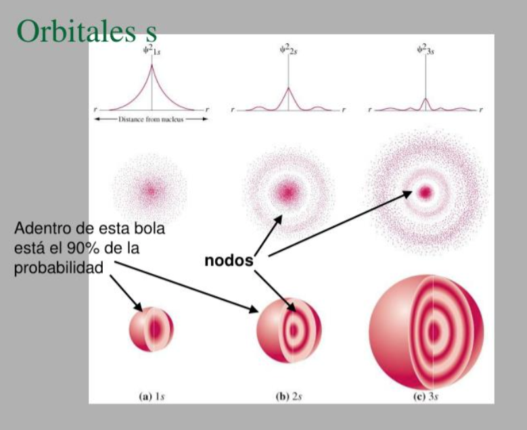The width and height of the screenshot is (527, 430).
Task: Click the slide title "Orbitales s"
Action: (87, 31)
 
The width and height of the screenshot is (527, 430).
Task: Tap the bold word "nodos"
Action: (229, 261)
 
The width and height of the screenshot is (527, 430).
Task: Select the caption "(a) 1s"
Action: (152, 397)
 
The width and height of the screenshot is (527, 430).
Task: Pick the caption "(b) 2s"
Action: (289, 397)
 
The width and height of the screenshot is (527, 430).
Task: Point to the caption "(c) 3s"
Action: (426, 397)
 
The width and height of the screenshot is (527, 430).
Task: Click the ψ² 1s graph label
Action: (152, 51)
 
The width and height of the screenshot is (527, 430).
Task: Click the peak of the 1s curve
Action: (152, 65)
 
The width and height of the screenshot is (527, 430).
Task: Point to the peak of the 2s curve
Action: (288, 88)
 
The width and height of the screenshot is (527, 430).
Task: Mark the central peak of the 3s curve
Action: (426, 99)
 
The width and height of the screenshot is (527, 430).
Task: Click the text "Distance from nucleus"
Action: (151, 119)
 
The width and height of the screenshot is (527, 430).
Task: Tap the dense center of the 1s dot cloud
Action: (151, 191)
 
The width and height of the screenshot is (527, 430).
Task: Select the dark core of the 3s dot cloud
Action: (426, 192)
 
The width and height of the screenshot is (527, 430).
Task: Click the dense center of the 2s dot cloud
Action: (288, 192)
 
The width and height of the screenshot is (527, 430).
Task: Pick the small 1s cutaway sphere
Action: (152, 329)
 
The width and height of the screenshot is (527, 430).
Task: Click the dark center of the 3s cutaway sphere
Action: (434, 332)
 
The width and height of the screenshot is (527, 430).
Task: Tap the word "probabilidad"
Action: (59, 268)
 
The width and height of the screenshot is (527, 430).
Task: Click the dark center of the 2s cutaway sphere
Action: (294, 331)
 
